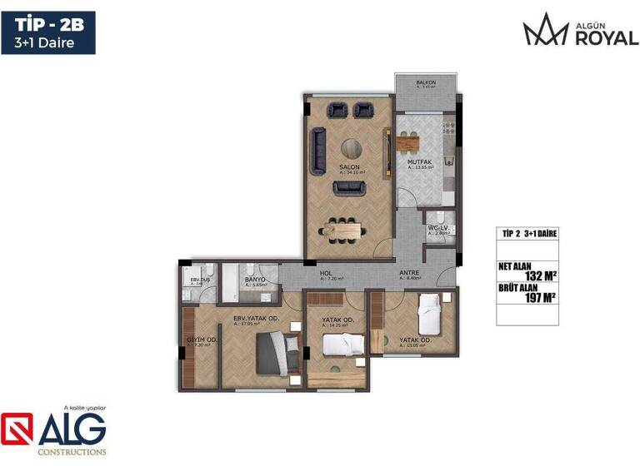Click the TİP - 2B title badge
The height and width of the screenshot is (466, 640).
point(47,32)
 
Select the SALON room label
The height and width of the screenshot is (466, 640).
point(348,167)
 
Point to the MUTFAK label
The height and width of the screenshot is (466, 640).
point(418,161)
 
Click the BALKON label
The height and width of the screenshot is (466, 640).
point(426,83)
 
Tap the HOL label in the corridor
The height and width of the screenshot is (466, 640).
point(327,273)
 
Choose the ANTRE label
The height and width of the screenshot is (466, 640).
point(408,273)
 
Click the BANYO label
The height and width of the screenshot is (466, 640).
point(255,279)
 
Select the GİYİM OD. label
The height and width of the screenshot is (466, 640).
point(202,340)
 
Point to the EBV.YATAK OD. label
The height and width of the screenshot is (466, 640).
point(256,318)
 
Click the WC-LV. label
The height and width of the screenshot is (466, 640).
point(438,228)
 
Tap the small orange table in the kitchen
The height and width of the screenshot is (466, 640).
point(418,143)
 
